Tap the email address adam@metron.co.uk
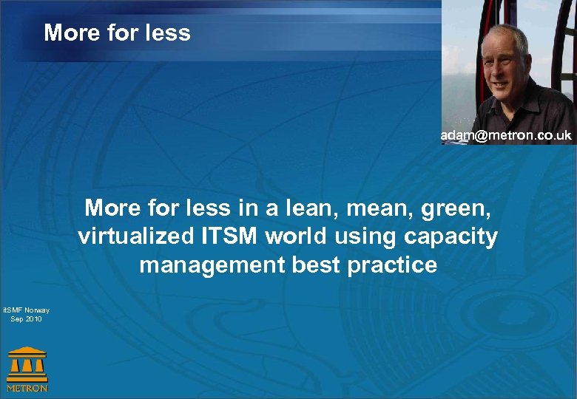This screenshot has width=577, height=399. tap(507, 136)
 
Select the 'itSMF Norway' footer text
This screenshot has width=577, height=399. tap(26, 310)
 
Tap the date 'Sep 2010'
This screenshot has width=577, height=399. tap(26, 319)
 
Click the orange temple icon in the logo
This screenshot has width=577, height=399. tap(27, 363)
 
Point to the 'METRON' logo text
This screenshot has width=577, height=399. tap(27, 387)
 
